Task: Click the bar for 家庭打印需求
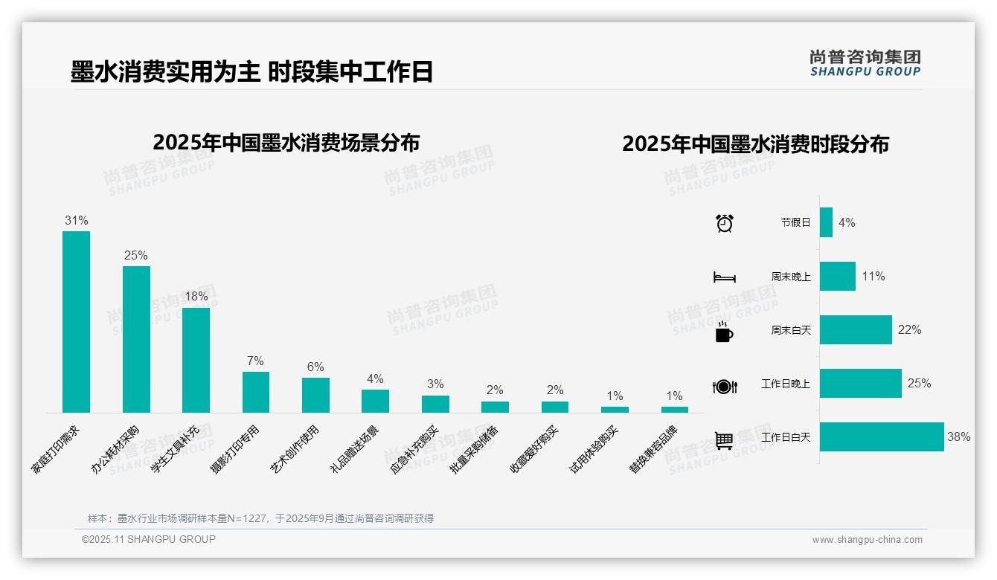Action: click(x=76, y=321)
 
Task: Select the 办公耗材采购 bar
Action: click(x=136, y=339)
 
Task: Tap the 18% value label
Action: click(x=196, y=296)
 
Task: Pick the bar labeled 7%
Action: click(x=256, y=392)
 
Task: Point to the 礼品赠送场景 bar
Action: click(x=375, y=401)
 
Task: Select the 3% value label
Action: click(x=435, y=384)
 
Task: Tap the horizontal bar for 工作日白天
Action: click(x=881, y=437)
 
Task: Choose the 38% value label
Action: click(x=958, y=437)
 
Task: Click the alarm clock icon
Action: click(x=724, y=223)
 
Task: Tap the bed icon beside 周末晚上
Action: click(x=724, y=277)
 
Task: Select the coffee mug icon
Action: click(x=724, y=332)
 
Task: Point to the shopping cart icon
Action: click(x=724, y=440)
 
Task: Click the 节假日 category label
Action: click(x=795, y=222)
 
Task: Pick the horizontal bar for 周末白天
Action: click(x=856, y=330)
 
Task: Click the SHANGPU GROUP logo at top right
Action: click(x=865, y=63)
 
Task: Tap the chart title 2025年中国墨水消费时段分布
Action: click(x=755, y=144)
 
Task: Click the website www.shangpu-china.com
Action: click(x=867, y=540)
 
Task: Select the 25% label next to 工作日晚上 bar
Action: click(x=919, y=384)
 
